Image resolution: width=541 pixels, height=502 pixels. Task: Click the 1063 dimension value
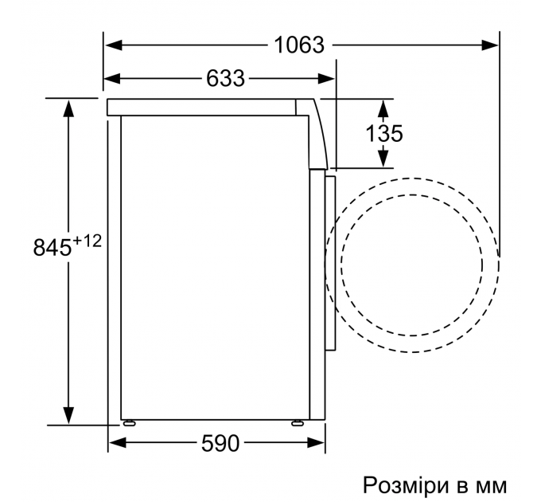299,45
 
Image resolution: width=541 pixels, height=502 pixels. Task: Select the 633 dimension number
225,78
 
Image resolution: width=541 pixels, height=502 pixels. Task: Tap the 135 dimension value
384,133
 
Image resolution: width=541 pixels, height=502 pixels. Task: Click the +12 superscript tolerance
87,240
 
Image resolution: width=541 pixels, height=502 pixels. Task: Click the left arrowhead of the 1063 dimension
112,45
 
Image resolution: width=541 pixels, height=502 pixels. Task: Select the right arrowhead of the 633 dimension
328,78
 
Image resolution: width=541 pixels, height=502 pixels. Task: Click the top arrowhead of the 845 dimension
69,106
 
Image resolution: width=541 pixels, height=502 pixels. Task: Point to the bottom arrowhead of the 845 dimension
69,418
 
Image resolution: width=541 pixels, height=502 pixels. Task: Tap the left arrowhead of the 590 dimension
116,444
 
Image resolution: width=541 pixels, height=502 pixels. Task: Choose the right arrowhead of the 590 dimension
320,444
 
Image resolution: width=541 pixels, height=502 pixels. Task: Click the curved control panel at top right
316,131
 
